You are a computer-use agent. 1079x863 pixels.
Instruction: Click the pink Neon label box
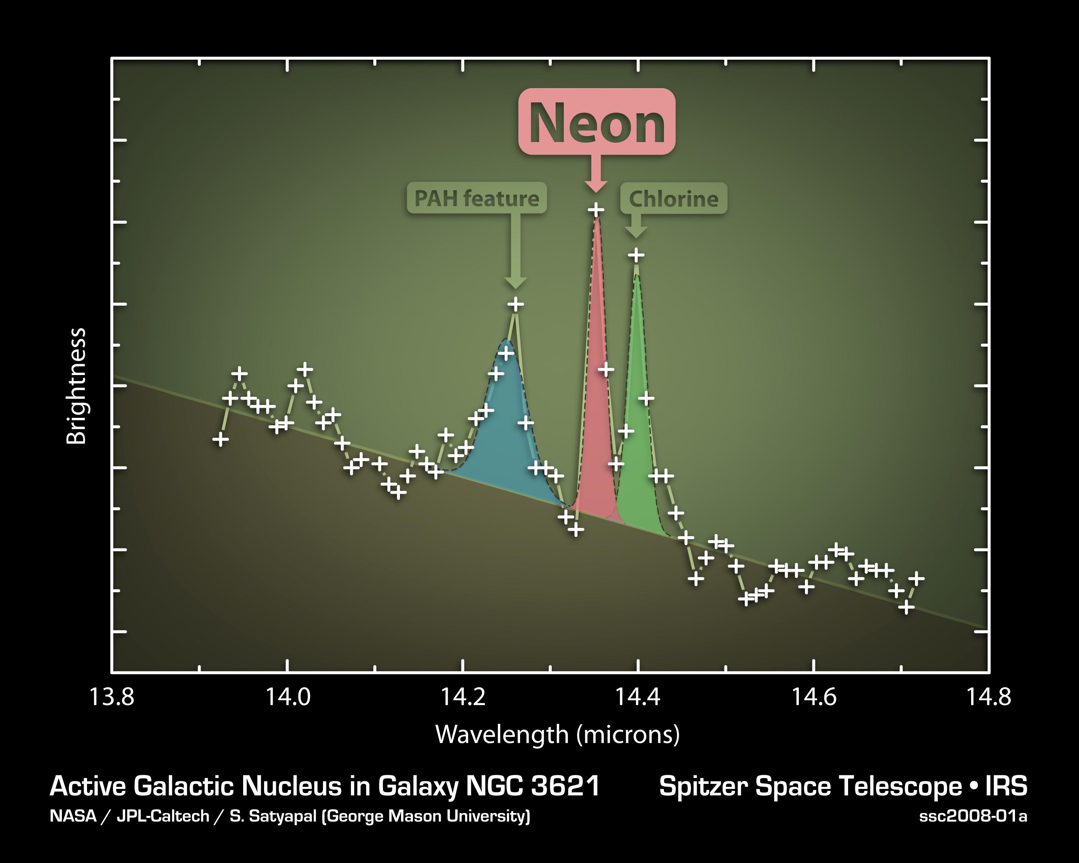pyautogui.click(x=597, y=122)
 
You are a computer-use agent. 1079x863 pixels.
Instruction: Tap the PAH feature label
pyautogui.click(x=477, y=198)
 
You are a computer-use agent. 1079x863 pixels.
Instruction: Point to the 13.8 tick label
pyautogui.click(x=111, y=697)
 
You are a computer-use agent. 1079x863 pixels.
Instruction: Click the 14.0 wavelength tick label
pyautogui.click(x=287, y=697)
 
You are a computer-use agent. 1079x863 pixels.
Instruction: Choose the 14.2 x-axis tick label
pyautogui.click(x=463, y=697)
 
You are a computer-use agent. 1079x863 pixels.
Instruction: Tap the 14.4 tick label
pyautogui.click(x=638, y=697)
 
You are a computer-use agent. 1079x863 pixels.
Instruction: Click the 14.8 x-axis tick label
pyautogui.click(x=988, y=697)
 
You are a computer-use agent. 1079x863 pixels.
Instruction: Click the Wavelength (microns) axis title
pyautogui.click(x=557, y=734)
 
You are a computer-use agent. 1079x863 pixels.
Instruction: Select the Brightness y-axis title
pyautogui.click(x=77, y=386)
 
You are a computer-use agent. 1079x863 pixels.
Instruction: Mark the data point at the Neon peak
pyautogui.click(x=596, y=210)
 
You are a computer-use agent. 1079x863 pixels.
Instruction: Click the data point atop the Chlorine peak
pyautogui.click(x=636, y=255)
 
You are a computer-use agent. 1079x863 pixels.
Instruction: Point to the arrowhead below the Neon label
pyautogui.click(x=596, y=186)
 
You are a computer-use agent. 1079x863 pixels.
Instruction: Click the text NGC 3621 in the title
pyautogui.click(x=533, y=786)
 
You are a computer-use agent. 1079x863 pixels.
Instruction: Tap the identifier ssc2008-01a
pyautogui.click(x=973, y=817)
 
